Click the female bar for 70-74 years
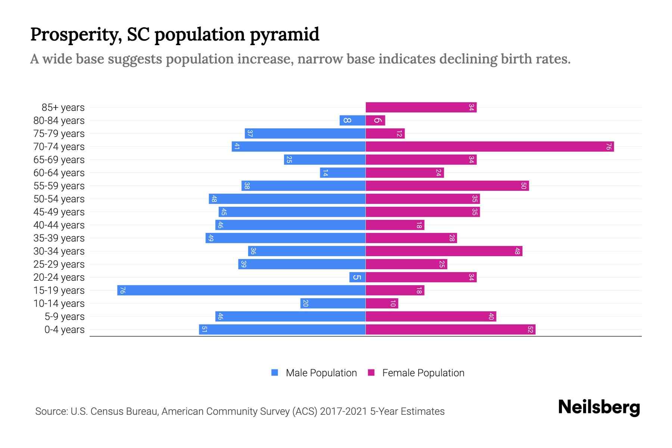point(489,147)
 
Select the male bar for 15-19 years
point(241,290)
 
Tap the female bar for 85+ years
point(421,108)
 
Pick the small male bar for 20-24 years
point(357,277)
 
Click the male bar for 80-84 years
point(352,121)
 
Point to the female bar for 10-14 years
point(382,304)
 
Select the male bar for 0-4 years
point(282,330)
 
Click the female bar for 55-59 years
point(447,186)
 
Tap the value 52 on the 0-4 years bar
point(530,330)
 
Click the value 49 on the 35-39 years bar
point(211,238)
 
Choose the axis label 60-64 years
point(59,173)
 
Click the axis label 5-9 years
point(64,317)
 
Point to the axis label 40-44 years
point(59,225)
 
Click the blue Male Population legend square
point(275,373)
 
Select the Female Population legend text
point(423,373)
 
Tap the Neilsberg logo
point(599,407)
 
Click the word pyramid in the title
point(284,35)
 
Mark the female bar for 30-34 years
point(444,251)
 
